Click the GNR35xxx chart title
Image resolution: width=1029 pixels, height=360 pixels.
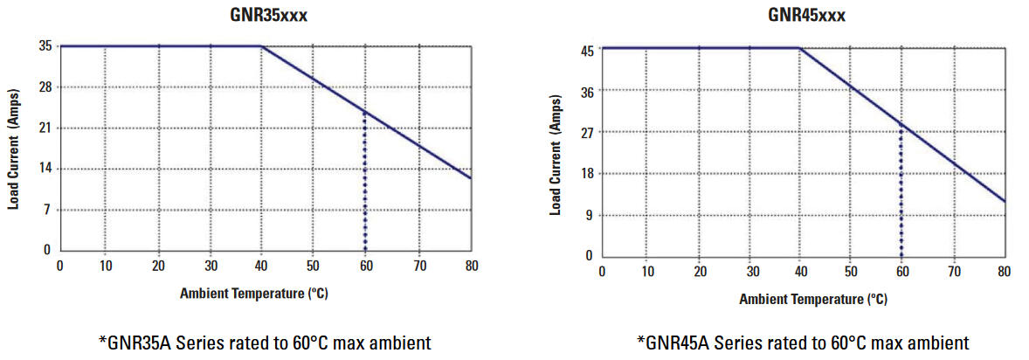[x=269, y=15]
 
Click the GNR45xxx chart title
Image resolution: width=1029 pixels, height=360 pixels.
[x=806, y=15]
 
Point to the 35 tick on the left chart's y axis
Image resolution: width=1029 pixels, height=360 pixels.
[x=44, y=46]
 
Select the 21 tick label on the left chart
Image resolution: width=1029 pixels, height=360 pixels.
[x=44, y=128]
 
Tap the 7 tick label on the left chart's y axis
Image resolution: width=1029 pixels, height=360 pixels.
[x=47, y=210]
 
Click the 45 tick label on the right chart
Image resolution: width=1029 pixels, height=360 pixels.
[x=587, y=51]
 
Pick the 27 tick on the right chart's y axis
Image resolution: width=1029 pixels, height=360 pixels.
[x=587, y=133]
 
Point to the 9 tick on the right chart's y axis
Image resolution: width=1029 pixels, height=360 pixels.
[x=590, y=215]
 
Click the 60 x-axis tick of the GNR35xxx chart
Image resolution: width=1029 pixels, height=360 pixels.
[x=364, y=266]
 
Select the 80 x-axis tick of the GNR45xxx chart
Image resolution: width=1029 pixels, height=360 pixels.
[x=1005, y=272]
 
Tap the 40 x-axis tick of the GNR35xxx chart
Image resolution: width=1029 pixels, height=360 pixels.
[x=260, y=266]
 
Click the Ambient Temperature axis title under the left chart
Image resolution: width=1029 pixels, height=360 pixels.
[x=253, y=294]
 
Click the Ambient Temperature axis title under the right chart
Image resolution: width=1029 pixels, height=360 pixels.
[x=812, y=300]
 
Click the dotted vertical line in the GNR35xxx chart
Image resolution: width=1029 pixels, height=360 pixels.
[x=364, y=183]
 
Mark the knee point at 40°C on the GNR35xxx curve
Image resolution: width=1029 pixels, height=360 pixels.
[x=261, y=46]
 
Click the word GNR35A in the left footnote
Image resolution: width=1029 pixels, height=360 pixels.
[x=139, y=343]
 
